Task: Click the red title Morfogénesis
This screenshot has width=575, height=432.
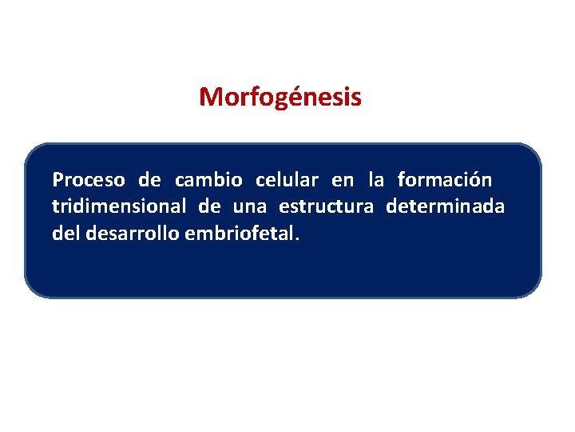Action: [x=280, y=98]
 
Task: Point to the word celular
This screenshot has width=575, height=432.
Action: [x=287, y=178]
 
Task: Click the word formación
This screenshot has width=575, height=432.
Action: [x=445, y=178]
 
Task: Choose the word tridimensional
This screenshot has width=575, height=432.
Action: [x=119, y=207]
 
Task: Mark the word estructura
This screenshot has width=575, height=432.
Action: [x=326, y=207]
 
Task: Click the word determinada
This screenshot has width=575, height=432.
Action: [x=445, y=207]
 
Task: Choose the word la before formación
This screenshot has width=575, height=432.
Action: [x=375, y=178]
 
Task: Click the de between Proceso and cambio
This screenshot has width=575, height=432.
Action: [x=149, y=178]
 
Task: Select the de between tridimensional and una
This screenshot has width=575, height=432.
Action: [x=210, y=207]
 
